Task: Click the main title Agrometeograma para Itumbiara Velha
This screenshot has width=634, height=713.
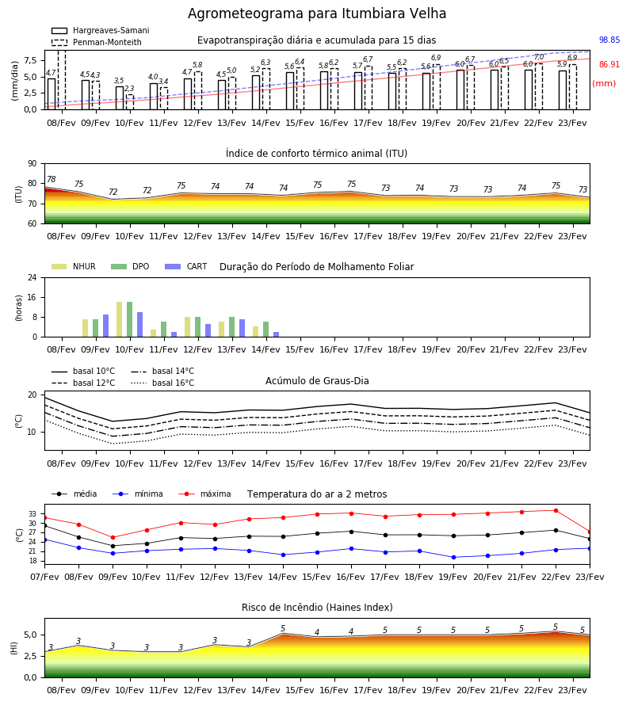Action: pos(316,13)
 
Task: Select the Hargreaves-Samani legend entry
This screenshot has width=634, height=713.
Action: pos(100,30)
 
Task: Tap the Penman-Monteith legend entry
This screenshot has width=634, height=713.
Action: pos(97,42)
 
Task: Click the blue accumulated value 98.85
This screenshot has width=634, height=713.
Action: pos(609,40)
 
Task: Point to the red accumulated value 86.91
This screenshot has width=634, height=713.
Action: pos(609,65)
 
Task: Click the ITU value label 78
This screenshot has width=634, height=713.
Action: pos(52,179)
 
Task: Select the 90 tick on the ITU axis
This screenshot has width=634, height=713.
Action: pos(32,164)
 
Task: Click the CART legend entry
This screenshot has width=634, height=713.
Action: pos(186,266)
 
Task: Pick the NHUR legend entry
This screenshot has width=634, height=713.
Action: pos(74,266)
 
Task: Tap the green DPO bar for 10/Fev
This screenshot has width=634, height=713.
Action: pos(130,319)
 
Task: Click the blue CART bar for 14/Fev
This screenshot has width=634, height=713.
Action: pos(276,334)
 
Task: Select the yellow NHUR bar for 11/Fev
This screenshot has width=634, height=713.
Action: pos(153,334)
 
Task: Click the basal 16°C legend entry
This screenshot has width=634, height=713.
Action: pos(162,383)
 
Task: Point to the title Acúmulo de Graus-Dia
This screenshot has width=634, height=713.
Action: pos(317,381)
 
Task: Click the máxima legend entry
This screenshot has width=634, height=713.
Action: pos(204,494)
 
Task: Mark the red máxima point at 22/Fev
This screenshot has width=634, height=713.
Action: pos(556,511)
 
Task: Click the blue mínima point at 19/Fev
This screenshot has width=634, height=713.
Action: pos(453,557)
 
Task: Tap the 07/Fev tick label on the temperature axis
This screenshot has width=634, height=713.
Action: pos(44,577)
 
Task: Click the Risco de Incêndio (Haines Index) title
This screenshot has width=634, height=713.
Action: pos(317,608)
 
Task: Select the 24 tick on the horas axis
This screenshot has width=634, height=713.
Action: pos(32,277)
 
